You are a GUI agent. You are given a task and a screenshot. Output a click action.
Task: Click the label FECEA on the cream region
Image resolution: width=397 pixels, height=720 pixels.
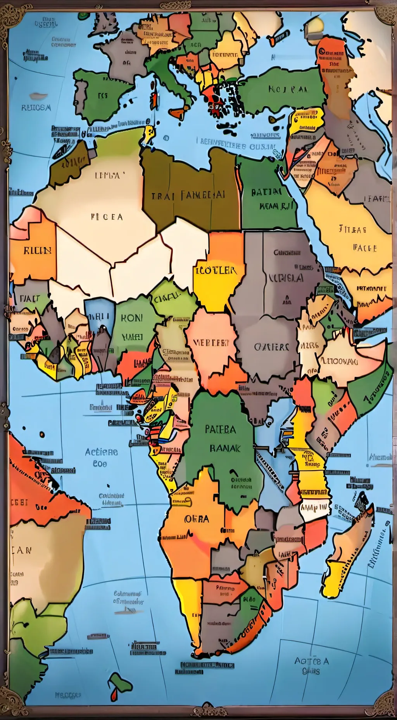107,217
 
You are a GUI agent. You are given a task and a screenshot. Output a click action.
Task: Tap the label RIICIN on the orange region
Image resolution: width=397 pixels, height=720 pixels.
38,250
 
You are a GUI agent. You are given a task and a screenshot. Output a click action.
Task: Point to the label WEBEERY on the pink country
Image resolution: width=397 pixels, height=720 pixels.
211,343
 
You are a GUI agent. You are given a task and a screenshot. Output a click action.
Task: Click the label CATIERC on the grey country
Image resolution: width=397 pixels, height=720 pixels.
272,346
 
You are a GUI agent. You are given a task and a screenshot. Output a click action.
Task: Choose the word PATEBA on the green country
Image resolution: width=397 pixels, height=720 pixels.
220,429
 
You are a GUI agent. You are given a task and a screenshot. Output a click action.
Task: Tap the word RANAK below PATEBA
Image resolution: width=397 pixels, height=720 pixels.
225,448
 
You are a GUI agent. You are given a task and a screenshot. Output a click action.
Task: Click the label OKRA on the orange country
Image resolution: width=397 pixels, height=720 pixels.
197,519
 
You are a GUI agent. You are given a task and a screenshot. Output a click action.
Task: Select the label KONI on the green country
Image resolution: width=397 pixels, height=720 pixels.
132,318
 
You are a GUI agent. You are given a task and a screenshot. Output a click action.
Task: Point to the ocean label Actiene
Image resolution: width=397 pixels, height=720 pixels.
101,452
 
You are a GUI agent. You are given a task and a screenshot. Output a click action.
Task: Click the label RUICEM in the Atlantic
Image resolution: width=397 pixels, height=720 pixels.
36,107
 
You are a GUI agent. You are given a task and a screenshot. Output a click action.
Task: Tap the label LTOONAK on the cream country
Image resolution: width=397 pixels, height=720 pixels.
338,361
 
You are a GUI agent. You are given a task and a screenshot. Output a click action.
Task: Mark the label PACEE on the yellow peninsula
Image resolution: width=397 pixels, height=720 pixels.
365,247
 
